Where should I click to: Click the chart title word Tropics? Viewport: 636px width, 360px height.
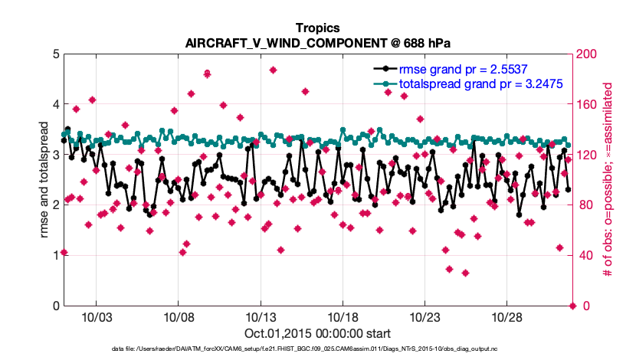[x=317, y=28]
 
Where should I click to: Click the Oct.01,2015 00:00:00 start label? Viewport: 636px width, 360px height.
[x=317, y=333]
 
